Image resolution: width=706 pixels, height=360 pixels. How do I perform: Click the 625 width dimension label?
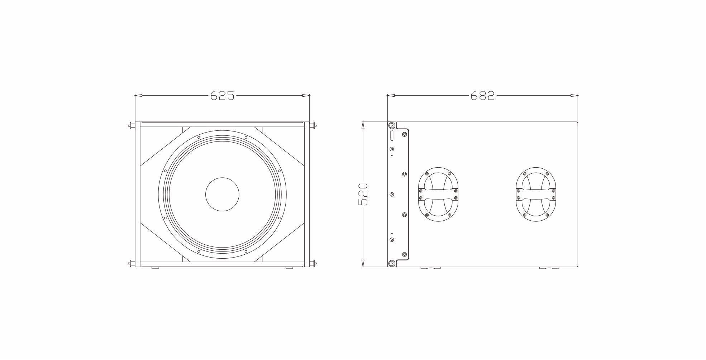[x=222, y=96]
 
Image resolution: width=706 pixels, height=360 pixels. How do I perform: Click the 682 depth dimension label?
[x=482, y=96]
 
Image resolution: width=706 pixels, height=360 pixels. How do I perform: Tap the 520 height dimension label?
[x=363, y=194]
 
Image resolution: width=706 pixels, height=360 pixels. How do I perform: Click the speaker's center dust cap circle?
[x=222, y=194]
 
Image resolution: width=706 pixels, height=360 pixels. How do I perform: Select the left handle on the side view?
[x=439, y=194]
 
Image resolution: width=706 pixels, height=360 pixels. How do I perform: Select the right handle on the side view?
[x=536, y=194]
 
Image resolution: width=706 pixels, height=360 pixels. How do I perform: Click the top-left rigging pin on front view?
[x=132, y=125]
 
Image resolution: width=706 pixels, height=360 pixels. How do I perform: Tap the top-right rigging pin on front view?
[x=313, y=125]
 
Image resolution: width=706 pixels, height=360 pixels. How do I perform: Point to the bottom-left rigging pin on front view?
[x=132, y=264]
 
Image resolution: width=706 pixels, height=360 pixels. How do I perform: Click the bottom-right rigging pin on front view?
[x=313, y=264]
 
